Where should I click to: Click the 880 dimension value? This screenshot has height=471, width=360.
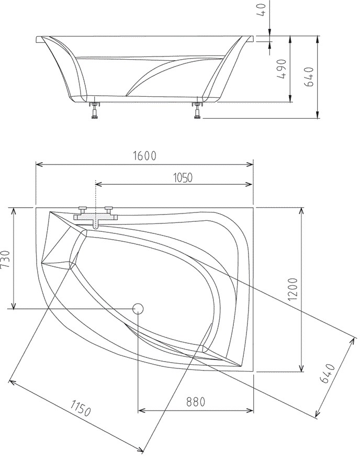(196, 401)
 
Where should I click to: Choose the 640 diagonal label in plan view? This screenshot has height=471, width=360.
(327, 374)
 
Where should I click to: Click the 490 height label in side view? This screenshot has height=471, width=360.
(282, 69)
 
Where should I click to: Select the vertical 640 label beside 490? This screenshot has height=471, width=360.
(309, 76)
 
